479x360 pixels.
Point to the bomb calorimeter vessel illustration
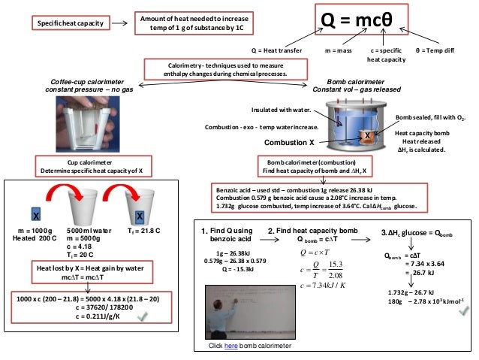click(x=354, y=124)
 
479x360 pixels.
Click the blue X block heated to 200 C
click(x=35, y=214)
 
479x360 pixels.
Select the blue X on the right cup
click(x=140, y=216)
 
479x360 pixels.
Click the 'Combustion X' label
click(x=290, y=142)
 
